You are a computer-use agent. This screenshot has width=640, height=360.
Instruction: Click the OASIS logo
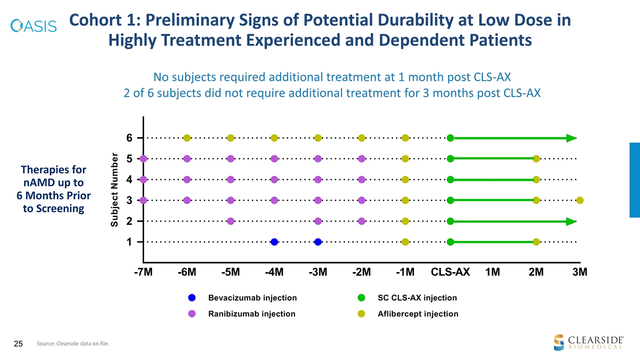33,25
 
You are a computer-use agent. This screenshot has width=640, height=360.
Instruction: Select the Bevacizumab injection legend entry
252,298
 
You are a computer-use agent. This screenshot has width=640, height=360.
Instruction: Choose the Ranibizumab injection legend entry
251,314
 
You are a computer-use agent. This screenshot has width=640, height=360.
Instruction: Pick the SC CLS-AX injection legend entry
417,298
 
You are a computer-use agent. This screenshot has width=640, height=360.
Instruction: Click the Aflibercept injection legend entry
417,314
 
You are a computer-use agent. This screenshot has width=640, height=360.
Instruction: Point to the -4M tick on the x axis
274,272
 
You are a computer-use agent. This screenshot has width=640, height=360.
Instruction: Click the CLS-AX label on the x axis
450,272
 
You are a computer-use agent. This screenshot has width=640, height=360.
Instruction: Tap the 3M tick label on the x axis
579,272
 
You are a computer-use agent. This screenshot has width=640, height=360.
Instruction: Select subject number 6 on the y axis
129,138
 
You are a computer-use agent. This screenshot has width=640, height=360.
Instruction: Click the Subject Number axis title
114,189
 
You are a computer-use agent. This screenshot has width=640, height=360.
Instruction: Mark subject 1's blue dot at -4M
274,242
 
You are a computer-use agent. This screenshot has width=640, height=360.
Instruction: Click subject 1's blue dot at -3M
317,242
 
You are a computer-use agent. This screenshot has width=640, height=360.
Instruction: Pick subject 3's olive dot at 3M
579,200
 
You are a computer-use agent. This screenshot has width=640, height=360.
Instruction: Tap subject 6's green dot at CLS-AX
450,138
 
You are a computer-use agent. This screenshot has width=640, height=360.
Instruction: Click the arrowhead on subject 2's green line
571,221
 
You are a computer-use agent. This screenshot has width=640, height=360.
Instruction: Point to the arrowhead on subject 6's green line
571,138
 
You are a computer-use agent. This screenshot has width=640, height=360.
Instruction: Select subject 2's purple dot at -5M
230,221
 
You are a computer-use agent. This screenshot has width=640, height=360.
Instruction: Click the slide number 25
18,343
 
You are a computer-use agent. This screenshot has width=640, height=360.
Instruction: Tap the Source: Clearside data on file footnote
73,343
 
